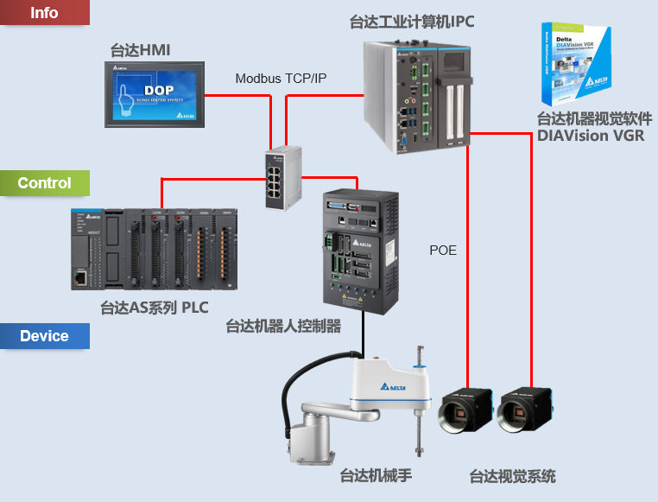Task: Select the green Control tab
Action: click(x=44, y=183)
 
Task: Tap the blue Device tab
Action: click(x=44, y=336)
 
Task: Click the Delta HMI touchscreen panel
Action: click(x=155, y=94)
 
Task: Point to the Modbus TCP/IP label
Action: click(x=281, y=79)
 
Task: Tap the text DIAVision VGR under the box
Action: click(x=590, y=135)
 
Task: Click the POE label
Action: click(x=443, y=251)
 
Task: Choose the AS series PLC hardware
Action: click(x=153, y=249)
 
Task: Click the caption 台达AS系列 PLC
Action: click(x=154, y=307)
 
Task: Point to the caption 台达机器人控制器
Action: click(x=283, y=326)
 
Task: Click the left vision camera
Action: click(x=466, y=411)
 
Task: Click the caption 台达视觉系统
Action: click(x=512, y=476)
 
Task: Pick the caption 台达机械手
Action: click(x=375, y=475)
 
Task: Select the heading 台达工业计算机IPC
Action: click(x=412, y=20)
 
